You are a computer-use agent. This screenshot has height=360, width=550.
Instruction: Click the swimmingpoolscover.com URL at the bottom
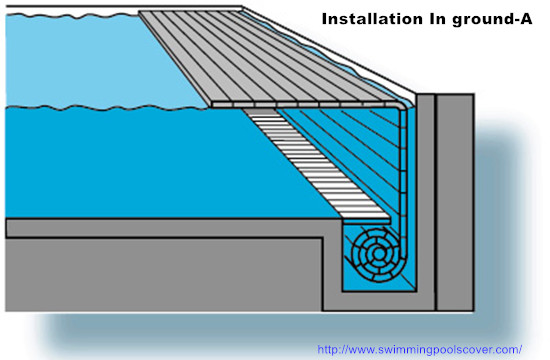pos(419,349)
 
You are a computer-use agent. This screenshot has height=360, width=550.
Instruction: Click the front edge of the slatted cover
pos(300,102)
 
